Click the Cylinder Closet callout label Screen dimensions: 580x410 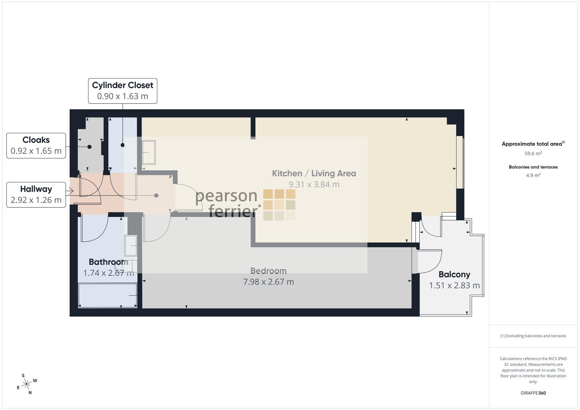pos(122,91)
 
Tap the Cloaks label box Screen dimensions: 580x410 pos(36,145)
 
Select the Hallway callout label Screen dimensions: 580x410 pos(36,195)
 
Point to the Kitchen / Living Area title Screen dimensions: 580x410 pos(314,173)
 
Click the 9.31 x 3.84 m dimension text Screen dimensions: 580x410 pos(314,184)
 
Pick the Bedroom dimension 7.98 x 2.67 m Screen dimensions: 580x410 pos(269,282)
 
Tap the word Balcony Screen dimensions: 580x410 pos(454,274)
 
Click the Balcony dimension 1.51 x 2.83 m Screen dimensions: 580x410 pos(454,285)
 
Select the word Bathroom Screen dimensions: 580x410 pos(109,262)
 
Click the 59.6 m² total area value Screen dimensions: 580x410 pos(533,153)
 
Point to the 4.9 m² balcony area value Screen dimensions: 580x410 pos(533,175)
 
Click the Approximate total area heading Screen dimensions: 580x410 pos(533,144)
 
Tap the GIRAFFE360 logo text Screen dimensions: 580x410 pos(533,393)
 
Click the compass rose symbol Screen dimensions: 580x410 pos(27,384)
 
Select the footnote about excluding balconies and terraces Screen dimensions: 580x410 pos(533,336)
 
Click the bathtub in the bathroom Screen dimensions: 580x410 pos(108,296)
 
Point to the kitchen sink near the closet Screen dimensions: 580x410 pos(149,153)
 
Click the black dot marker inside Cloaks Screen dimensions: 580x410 pos(89,147)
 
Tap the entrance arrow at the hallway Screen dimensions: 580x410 pos(70,191)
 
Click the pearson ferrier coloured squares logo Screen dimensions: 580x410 pos(279,205)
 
